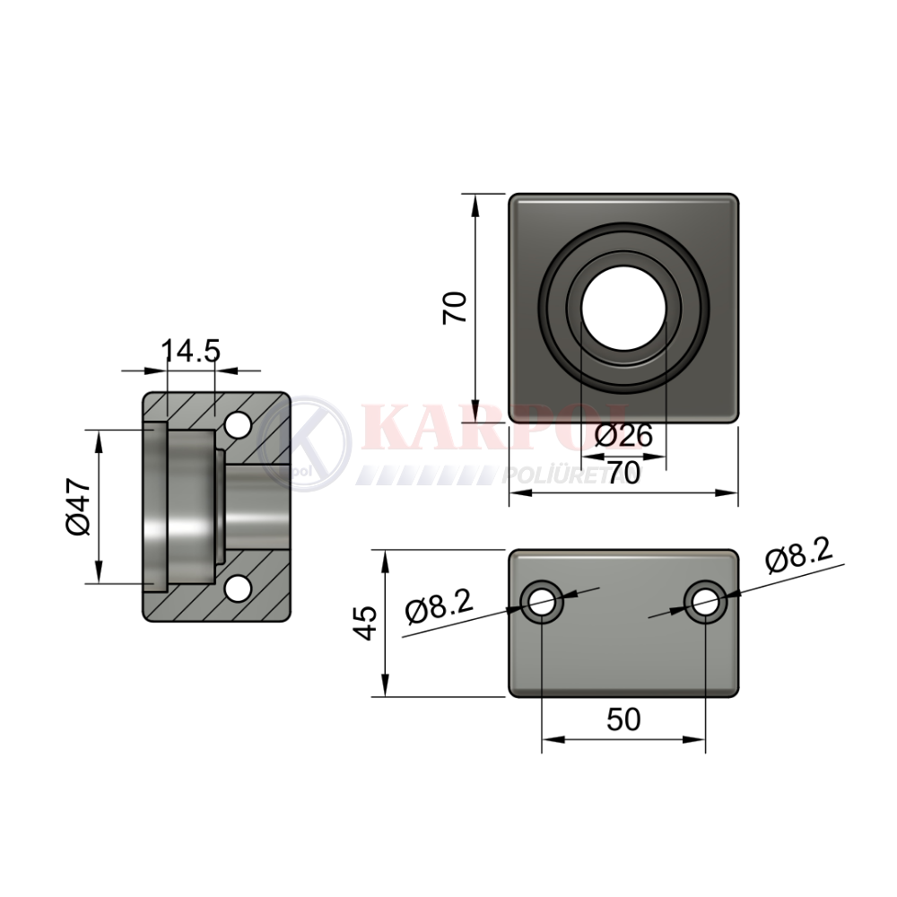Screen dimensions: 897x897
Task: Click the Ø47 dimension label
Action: pyautogui.click(x=78, y=507)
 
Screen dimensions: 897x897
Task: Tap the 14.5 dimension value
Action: pyautogui.click(x=190, y=350)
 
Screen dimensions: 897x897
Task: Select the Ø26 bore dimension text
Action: pyautogui.click(x=623, y=437)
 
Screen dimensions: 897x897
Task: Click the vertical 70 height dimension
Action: pyautogui.click(x=456, y=308)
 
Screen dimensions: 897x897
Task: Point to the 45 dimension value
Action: pyautogui.click(x=365, y=623)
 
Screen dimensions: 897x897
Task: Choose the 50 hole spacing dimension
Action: pyautogui.click(x=623, y=719)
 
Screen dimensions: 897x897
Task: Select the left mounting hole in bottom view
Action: pyautogui.click(x=542, y=601)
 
